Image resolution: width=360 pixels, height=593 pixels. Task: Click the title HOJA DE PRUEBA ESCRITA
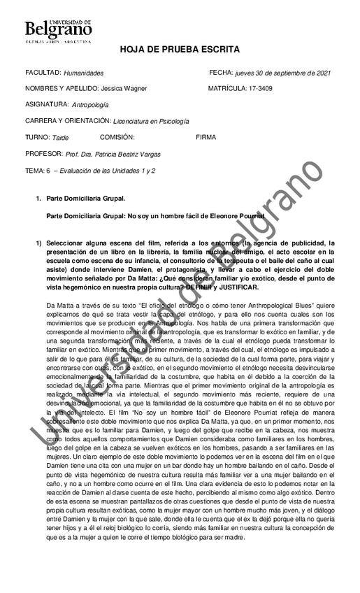[180, 50]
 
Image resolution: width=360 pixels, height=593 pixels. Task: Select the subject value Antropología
[91, 105]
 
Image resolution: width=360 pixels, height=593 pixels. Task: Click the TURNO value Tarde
[61, 138]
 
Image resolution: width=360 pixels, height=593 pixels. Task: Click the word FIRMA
[206, 137]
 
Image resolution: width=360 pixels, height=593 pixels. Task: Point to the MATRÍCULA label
[226, 89]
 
